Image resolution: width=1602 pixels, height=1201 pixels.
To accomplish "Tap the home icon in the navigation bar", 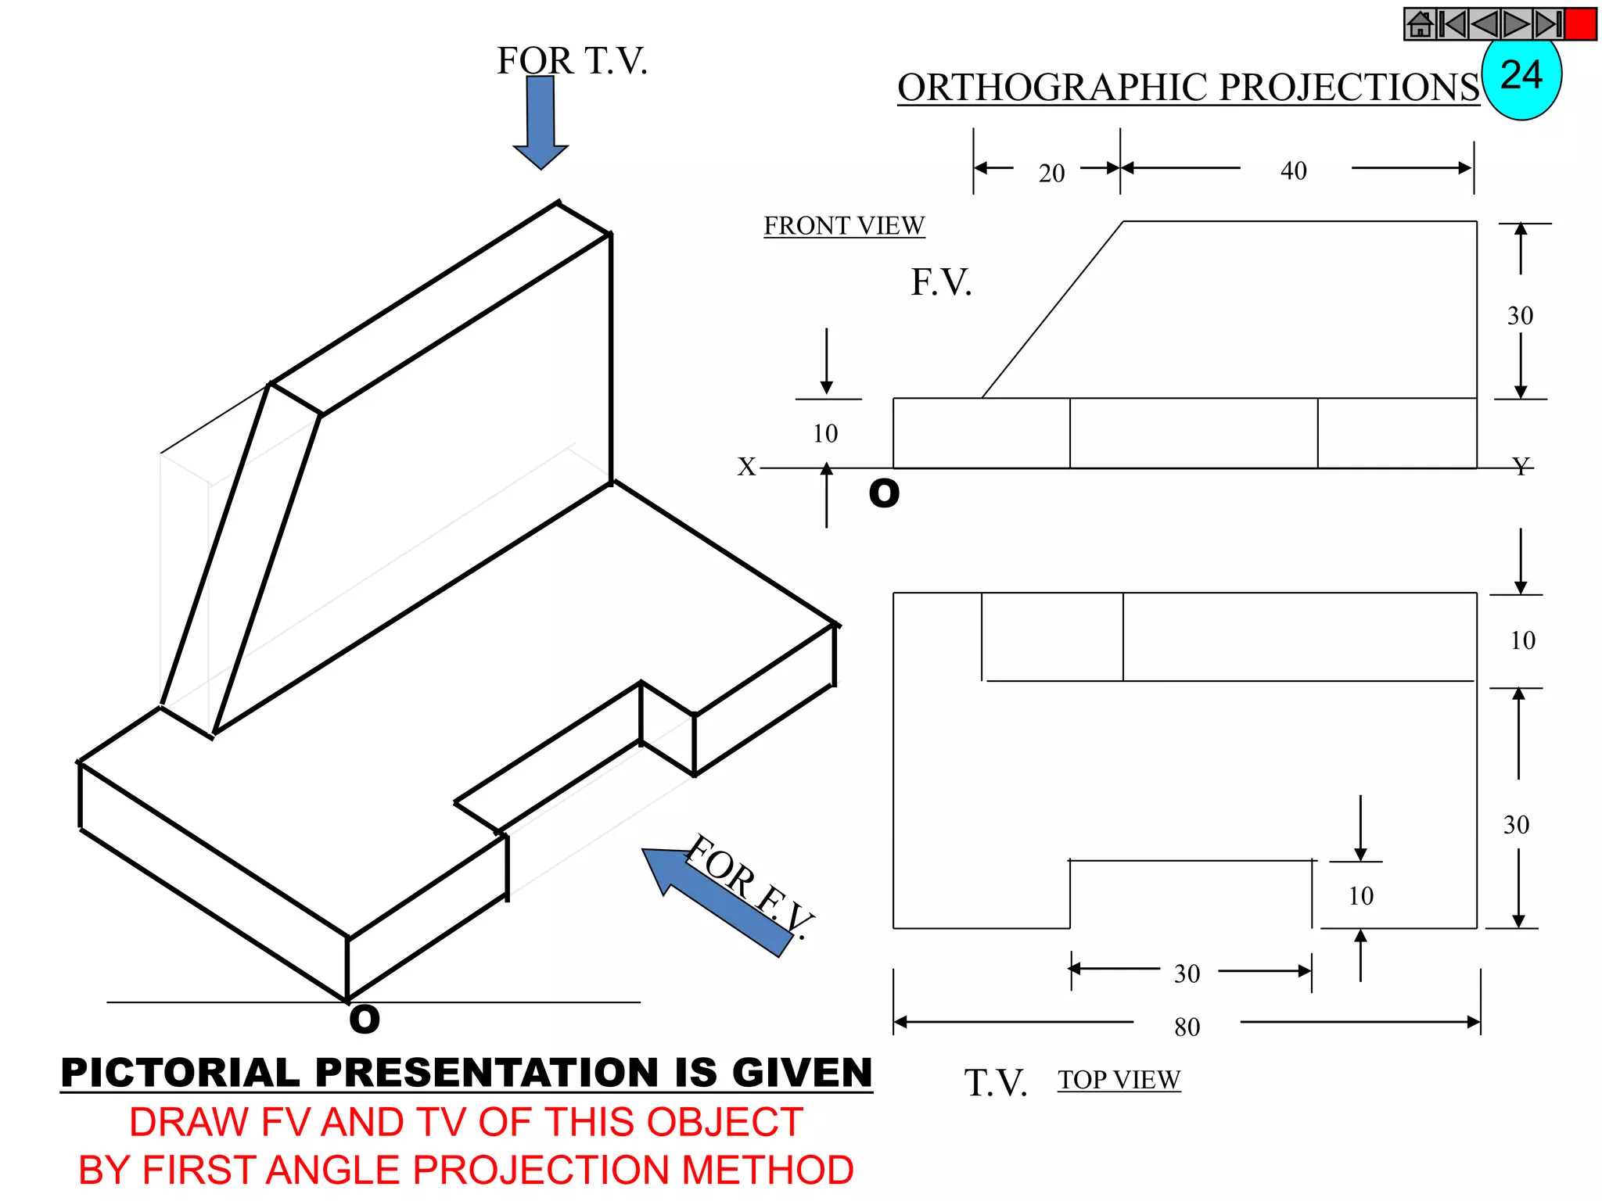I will coord(1421,24).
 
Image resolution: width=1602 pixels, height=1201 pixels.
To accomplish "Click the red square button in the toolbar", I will coord(1580,24).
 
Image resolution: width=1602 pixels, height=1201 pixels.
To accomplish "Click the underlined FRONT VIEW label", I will coord(844,225).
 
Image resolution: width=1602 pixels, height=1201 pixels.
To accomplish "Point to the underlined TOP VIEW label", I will coord(1119,1080).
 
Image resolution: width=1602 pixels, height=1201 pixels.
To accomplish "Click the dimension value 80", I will coord(1187,1027).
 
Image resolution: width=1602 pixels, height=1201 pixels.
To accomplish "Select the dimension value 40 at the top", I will coord(1294,170).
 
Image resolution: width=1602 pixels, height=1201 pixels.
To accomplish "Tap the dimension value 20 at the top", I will coord(1051,173).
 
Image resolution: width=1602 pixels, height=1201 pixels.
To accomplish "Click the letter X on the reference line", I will coord(746,467).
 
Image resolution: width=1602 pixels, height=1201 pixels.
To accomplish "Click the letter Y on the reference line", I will coord(1521,467).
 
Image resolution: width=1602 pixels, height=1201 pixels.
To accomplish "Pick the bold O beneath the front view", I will coord(884,493).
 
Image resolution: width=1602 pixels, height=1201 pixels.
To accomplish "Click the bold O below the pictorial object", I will coord(365,1020).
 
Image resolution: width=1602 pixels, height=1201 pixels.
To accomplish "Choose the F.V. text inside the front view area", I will coord(941,282).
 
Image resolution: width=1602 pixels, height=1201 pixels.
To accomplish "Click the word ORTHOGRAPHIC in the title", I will coord(1054,88).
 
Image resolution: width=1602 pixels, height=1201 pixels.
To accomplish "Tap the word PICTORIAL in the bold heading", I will coord(180,1072).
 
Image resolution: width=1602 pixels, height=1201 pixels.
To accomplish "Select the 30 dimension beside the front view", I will coord(1520,316).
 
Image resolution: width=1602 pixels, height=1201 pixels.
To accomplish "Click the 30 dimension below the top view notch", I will coord(1187,973).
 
